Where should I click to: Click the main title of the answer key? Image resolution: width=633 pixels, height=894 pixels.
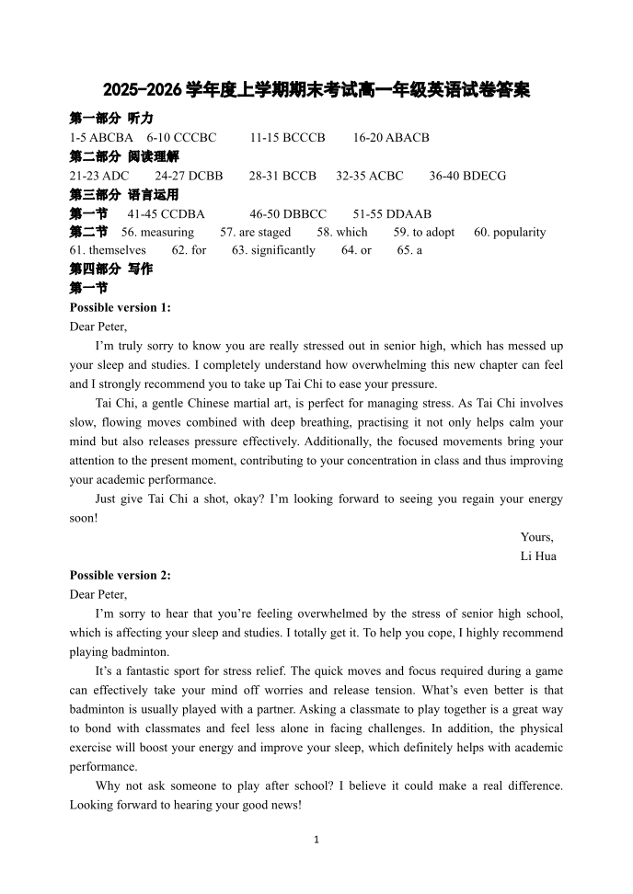tap(316, 91)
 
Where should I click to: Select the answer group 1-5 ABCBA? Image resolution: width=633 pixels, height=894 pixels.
tap(101, 137)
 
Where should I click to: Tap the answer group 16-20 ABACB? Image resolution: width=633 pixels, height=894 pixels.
tap(391, 137)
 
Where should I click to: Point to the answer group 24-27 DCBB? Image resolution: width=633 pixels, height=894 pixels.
tap(189, 176)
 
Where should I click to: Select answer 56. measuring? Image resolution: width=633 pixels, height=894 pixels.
tap(157, 232)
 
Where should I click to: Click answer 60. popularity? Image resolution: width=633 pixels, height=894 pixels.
tap(510, 232)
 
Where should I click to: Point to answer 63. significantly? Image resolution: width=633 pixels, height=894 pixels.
tap(273, 250)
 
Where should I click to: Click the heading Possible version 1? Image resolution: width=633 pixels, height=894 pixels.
tap(121, 307)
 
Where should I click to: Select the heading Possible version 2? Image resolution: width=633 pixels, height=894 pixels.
tap(121, 575)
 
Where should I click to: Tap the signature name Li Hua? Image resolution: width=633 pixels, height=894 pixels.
tap(538, 556)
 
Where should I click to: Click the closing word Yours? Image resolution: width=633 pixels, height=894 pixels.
tap(537, 537)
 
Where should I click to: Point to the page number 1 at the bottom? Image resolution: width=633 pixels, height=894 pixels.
tap(316, 839)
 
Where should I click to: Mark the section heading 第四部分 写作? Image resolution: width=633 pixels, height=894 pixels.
tap(111, 269)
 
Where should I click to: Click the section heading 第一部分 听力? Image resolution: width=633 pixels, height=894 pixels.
tap(111, 119)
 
